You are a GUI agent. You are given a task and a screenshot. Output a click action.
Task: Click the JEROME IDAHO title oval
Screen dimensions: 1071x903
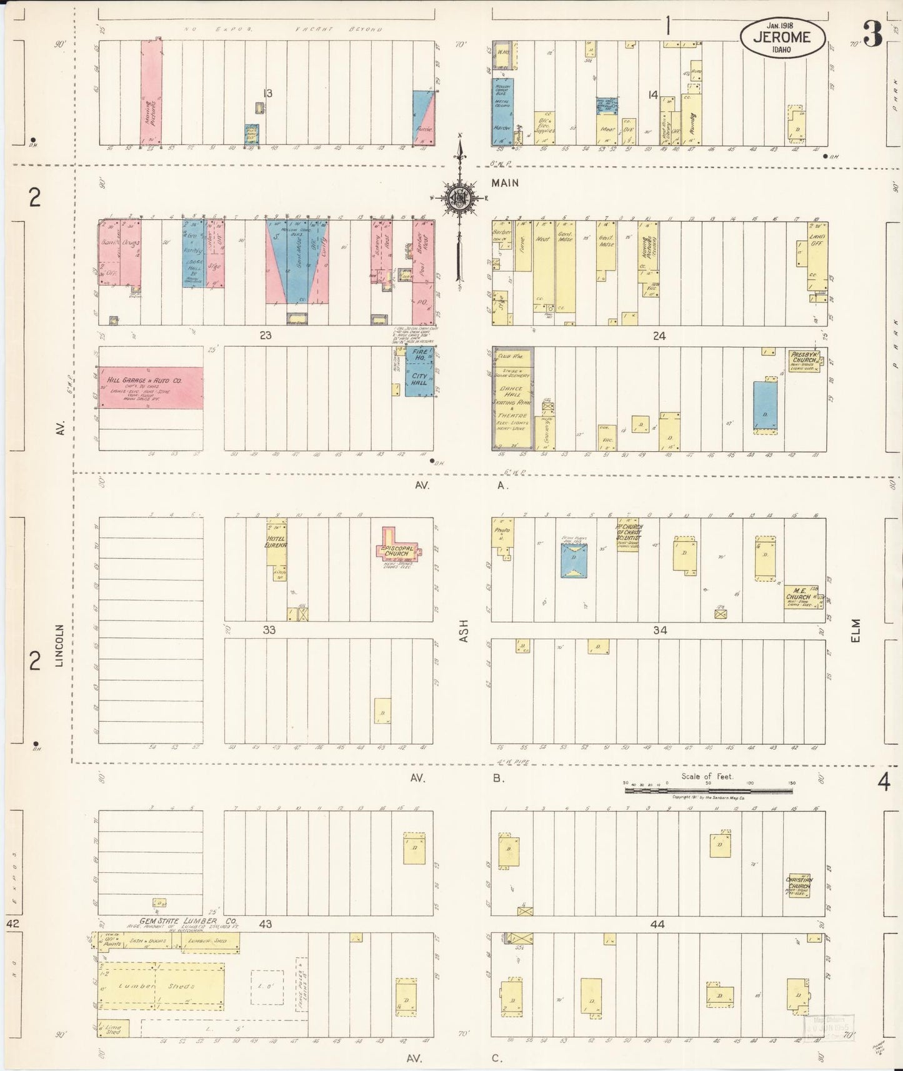tap(783, 38)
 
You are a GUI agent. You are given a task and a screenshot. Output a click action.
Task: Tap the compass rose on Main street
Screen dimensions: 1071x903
tap(460, 198)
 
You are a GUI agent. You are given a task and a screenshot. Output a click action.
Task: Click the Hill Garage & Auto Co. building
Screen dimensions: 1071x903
tap(151, 387)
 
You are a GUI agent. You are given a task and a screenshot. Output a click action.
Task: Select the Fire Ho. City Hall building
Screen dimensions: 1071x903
tap(419, 371)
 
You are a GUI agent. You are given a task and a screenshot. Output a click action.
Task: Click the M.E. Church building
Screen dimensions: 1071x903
tap(801, 597)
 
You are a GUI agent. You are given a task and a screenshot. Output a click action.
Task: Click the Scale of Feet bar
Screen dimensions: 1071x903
tap(709, 790)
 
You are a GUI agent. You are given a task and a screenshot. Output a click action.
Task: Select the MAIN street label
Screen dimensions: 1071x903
tap(505, 183)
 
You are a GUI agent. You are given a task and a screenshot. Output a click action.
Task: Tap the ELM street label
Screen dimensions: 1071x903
tap(856, 630)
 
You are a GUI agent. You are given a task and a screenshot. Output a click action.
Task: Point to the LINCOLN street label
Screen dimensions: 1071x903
tap(61, 645)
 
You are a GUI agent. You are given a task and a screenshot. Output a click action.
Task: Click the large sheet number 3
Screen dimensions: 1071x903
tap(872, 34)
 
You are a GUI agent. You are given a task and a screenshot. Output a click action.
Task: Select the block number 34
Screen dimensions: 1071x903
tap(660, 630)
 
